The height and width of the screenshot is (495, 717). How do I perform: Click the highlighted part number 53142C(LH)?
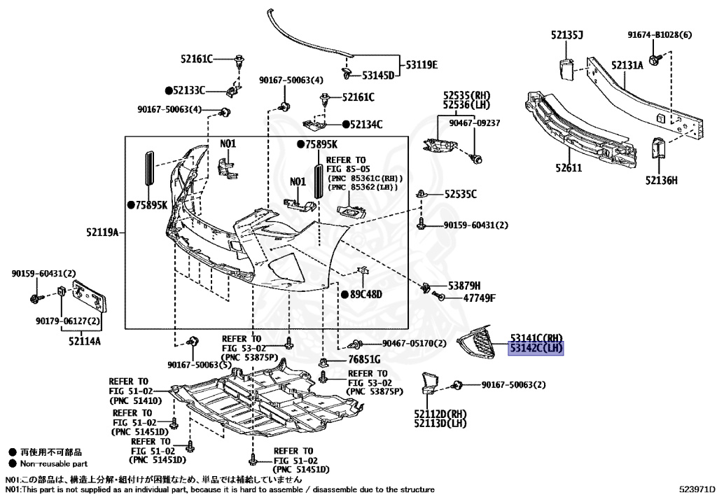[536, 348]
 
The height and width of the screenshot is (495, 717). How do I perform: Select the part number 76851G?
[363, 359]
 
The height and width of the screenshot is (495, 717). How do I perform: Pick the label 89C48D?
[366, 294]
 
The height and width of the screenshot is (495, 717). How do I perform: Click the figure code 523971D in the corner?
[695, 489]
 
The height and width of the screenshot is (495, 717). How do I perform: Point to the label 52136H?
[661, 181]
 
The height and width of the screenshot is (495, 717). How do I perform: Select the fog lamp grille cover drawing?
[478, 342]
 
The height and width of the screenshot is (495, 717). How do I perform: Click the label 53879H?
[464, 286]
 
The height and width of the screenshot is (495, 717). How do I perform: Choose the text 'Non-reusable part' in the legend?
[53, 463]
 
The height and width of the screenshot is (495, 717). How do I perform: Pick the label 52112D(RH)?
[440, 414]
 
